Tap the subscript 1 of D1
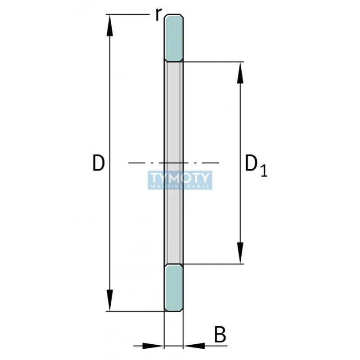tap(263, 171)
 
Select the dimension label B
tap(219, 335)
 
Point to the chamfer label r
tap(157, 14)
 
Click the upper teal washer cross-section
tap(173, 38)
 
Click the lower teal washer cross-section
tap(173, 288)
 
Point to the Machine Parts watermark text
tap(180, 186)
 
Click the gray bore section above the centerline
tap(173, 112)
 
